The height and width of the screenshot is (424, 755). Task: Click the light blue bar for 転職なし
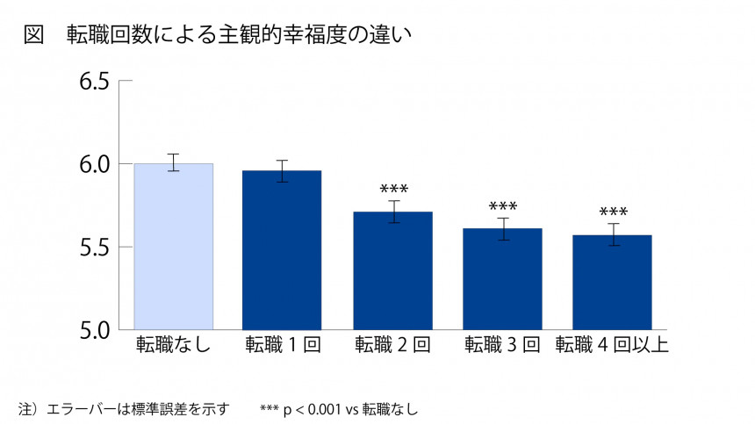(173, 246)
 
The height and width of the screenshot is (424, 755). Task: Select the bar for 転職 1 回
(283, 250)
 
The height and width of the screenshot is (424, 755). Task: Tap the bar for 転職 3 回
(503, 279)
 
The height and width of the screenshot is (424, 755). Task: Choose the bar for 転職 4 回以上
(613, 282)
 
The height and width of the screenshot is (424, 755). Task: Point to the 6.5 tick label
(94, 83)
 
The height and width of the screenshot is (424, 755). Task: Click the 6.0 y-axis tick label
(94, 165)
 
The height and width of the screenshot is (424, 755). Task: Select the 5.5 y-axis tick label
(94, 248)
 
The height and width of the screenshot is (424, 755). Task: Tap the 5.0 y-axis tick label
(94, 330)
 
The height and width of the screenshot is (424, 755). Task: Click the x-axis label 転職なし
(173, 345)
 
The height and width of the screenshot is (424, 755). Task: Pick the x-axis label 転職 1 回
(283, 345)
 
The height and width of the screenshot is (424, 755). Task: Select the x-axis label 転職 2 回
(392, 345)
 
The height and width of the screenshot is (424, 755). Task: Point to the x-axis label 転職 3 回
(503, 345)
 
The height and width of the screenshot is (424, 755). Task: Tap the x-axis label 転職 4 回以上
(613, 345)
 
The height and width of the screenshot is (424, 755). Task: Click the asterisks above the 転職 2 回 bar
(394, 190)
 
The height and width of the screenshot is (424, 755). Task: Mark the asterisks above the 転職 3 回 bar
(503, 207)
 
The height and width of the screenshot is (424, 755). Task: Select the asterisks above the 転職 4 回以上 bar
(613, 212)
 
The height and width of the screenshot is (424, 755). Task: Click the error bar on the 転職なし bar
(173, 162)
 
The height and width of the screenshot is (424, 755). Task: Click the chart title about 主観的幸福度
(237, 34)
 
